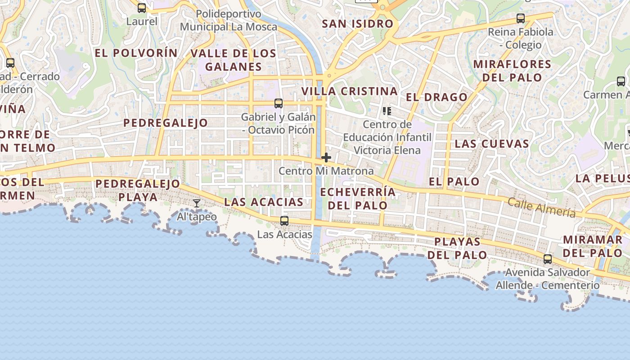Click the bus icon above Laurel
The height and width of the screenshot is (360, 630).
click(142, 8)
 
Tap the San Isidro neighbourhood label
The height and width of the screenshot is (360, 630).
click(358, 24)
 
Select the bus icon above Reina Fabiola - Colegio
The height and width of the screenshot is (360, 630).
click(521, 18)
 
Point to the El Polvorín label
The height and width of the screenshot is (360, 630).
click(136, 53)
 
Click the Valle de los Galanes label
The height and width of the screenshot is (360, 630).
click(233, 60)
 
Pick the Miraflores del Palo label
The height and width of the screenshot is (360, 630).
click(512, 71)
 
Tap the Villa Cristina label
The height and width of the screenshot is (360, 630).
click(350, 91)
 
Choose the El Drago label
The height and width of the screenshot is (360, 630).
click(436, 97)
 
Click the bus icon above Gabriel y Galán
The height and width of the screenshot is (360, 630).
click(279, 103)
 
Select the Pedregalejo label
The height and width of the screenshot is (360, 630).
click(166, 123)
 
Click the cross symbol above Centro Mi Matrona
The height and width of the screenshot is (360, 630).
click(326, 158)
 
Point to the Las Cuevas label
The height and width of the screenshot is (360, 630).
click(491, 144)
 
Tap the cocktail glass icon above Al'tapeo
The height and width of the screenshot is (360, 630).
click(197, 203)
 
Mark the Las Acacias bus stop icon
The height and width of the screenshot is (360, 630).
click(284, 220)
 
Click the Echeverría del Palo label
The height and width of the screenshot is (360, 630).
click(358, 199)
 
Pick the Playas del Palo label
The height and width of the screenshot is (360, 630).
click(457, 248)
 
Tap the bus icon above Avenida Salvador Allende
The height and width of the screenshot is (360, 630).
click(548, 259)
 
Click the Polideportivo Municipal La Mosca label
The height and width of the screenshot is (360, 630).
click(229, 21)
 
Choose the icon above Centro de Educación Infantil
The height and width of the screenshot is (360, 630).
click(387, 111)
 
